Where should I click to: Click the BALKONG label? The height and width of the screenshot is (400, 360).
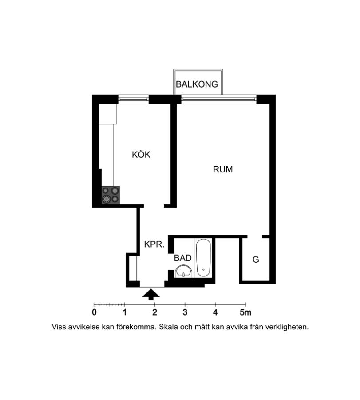pos(197,84)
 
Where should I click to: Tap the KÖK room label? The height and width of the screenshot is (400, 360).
pos(141,154)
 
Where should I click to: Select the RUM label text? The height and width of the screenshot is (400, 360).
pos(223,169)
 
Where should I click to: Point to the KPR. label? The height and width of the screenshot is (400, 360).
pos(154,244)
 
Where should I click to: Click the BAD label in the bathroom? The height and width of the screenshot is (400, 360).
pos(182,258)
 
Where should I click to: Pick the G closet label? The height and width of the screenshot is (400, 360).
pos(256,260)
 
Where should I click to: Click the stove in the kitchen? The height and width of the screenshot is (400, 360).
pos(111,195)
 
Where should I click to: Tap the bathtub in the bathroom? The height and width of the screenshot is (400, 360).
pos(204,258)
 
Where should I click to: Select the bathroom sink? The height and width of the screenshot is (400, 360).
pos(183,271)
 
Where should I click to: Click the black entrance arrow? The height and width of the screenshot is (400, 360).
pos(151,294)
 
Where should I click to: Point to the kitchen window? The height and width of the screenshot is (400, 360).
pos(133,99)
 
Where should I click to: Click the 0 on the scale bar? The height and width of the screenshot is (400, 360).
pos(94,312)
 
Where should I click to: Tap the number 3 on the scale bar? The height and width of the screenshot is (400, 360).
pos(185,312)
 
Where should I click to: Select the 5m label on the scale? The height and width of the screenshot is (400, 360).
pos(245,312)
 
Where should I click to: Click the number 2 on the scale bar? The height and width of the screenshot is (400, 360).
pos(154,312)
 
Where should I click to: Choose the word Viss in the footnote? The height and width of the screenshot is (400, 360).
pos(59,327)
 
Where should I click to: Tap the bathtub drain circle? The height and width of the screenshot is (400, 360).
pos(204,270)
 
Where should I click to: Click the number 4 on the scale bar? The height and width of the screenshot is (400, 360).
pos(215,312)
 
